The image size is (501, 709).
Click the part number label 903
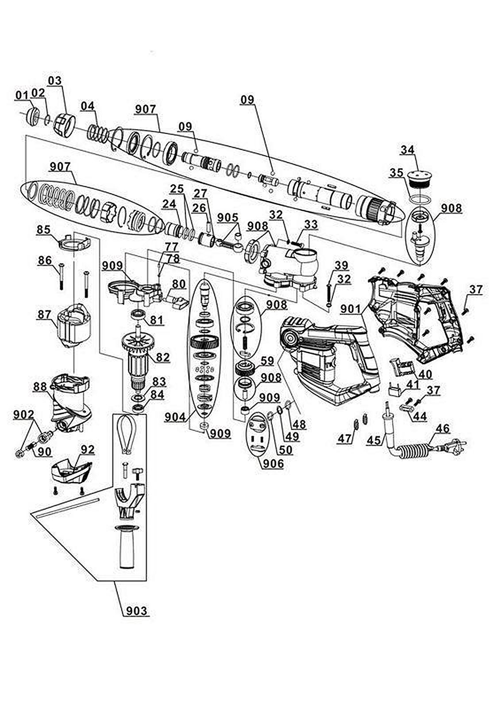coord(136,611)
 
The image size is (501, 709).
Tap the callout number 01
coord(21,95)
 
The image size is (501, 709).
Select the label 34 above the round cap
coord(407,149)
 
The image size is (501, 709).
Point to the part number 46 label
coord(443,429)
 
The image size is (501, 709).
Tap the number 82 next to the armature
coord(162,357)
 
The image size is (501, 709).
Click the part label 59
coord(267,361)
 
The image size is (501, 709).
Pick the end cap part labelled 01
coord(33,117)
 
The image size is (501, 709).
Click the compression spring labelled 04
coord(97,132)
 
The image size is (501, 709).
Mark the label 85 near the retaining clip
coord(43,230)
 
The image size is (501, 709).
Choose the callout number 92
coord(88,449)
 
